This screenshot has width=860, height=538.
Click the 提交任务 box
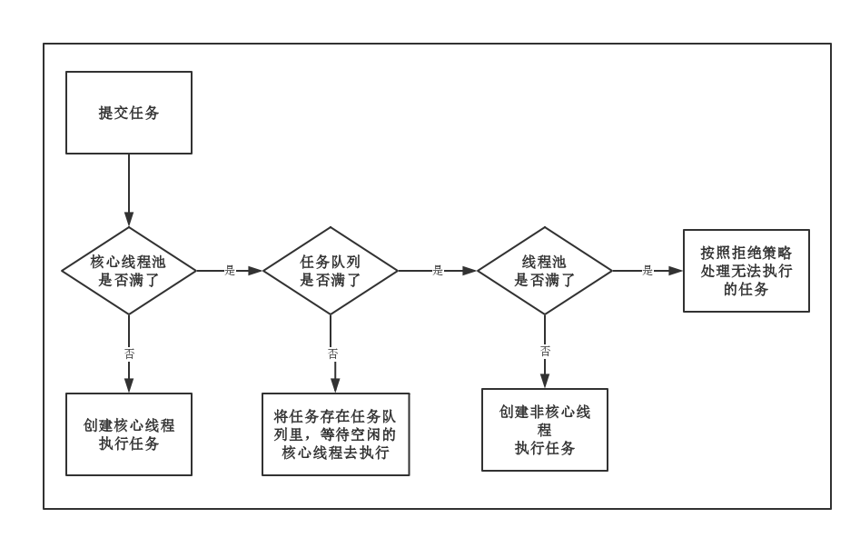[129, 113]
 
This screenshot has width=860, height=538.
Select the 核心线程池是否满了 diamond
[129, 271]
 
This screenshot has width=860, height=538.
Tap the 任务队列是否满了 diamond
[331, 271]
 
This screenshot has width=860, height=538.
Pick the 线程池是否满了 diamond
[545, 271]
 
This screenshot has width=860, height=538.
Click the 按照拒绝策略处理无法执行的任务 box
[746, 271]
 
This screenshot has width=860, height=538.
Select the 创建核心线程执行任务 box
[129, 434]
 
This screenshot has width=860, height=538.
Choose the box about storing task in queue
[335, 434]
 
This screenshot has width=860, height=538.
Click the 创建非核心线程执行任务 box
[545, 430]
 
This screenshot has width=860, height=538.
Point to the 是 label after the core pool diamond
[230, 271]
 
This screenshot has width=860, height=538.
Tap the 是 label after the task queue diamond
[438, 271]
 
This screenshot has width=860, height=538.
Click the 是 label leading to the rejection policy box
[647, 271]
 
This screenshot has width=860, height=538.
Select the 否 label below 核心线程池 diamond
[129, 353]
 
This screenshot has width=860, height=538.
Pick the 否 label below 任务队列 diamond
[332, 354]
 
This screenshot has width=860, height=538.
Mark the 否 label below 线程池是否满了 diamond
[545, 351]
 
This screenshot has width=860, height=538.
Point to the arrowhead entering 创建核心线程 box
[129, 385]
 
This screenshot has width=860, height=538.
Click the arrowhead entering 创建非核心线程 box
[545, 381]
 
